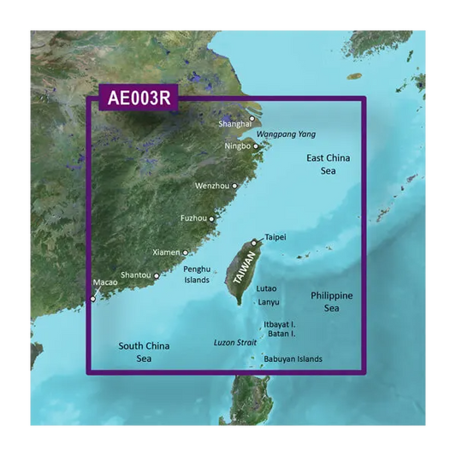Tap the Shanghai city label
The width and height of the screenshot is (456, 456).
(234, 124)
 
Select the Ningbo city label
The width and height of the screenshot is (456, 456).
(237, 146)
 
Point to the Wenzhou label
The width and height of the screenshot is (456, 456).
(213, 186)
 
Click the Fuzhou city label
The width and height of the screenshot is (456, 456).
(193, 218)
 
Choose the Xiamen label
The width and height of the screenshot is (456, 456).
(166, 252)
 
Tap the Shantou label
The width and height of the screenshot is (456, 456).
(136, 275)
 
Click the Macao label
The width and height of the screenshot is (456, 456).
(104, 282)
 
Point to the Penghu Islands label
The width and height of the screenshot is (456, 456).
(197, 275)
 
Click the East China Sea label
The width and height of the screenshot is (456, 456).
(329, 164)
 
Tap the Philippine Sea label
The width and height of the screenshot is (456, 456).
(331, 301)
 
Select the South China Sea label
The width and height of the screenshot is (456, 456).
(144, 352)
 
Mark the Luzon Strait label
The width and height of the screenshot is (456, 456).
(234, 342)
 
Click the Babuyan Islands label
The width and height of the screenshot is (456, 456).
(293, 359)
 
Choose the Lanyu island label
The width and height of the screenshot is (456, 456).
(268, 302)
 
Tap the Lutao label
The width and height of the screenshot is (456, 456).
(266, 288)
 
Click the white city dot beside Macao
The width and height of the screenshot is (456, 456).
(93, 299)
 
